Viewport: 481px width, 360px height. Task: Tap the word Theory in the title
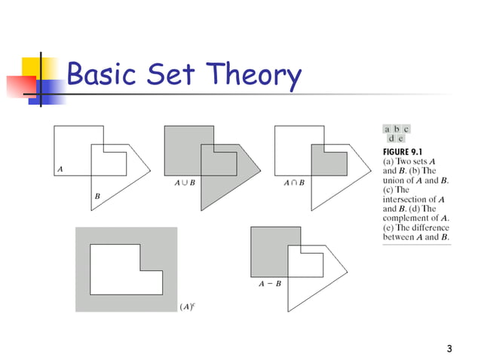[256, 75]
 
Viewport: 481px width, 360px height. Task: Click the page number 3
[449, 348]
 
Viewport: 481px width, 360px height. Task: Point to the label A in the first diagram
[60, 169]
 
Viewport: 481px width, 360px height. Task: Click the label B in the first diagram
[97, 197]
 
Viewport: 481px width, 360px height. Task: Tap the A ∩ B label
[294, 183]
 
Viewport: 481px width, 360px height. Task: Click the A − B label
[270, 285]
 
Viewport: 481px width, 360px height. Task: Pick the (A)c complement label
[188, 306]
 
